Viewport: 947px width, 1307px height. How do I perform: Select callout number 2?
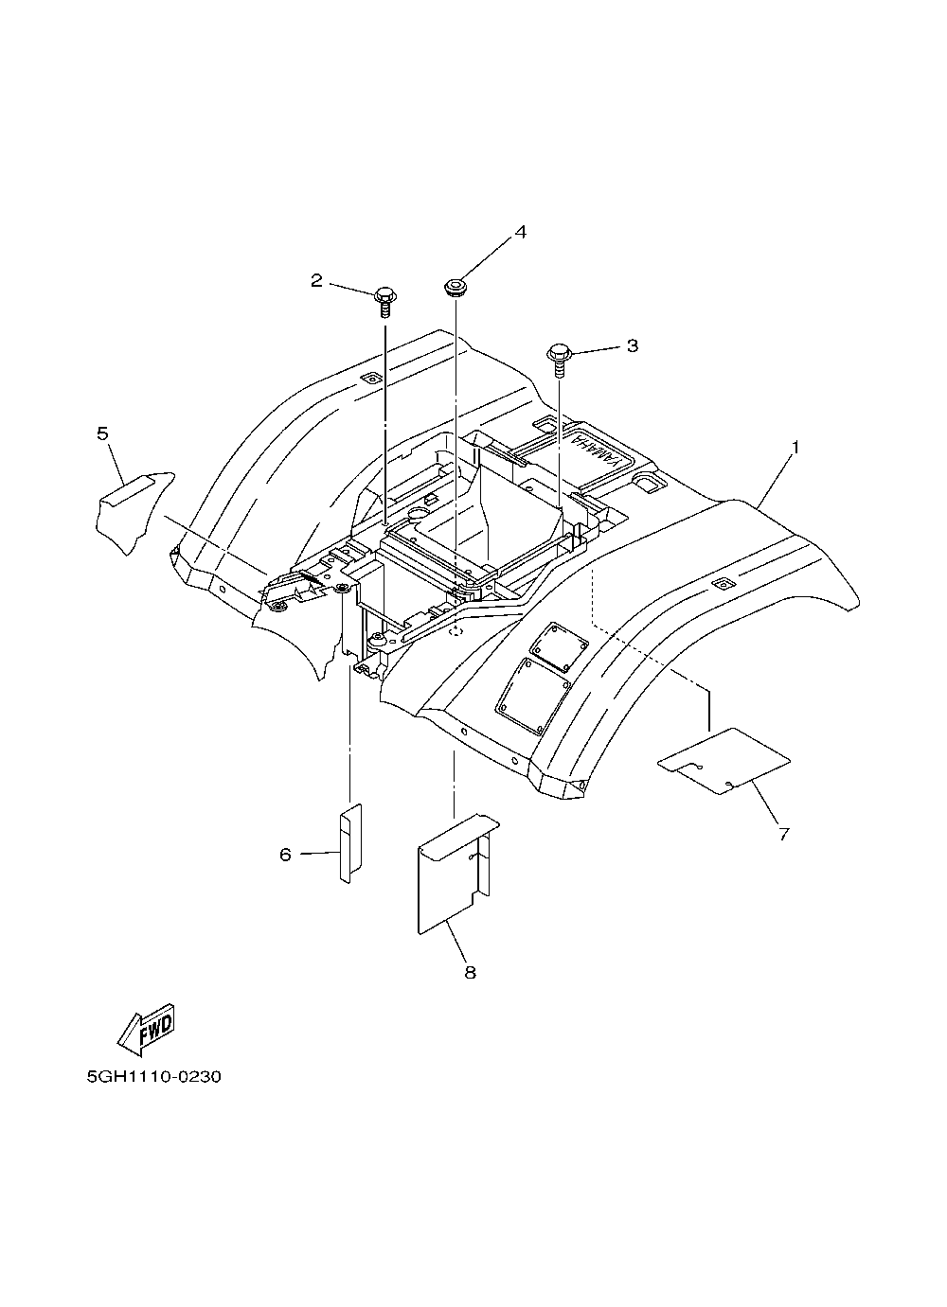316,280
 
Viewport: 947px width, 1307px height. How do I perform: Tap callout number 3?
633,345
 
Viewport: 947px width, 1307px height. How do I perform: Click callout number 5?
102,433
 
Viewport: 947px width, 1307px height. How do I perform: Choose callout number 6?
284,854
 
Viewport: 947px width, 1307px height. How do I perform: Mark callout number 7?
783,834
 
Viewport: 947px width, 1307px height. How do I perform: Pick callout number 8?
470,972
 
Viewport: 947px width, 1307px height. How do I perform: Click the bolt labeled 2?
386,296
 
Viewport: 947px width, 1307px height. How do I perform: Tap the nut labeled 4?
454,286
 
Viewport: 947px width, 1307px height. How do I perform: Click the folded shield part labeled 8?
455,871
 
